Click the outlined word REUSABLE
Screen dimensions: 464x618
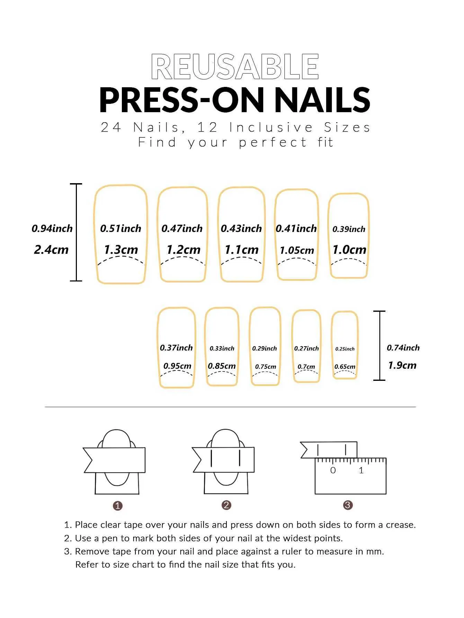pyautogui.click(x=235, y=67)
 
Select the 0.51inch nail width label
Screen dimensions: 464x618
pyautogui.click(x=121, y=229)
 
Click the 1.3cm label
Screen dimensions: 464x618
pyautogui.click(x=121, y=249)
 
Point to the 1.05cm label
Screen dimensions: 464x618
pyautogui.click(x=297, y=250)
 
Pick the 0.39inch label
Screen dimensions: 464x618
pyautogui.click(x=349, y=229)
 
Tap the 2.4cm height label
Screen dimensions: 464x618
pyautogui.click(x=51, y=249)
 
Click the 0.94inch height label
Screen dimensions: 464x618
pyautogui.click(x=52, y=229)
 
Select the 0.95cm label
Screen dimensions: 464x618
pyautogui.click(x=177, y=366)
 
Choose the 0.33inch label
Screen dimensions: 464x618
pyautogui.click(x=222, y=349)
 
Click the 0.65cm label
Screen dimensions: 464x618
pyautogui.click(x=345, y=367)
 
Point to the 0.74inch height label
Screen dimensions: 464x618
pyautogui.click(x=403, y=348)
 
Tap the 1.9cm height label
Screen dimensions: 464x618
pyautogui.click(x=402, y=365)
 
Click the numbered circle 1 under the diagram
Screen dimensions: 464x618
pyautogui.click(x=118, y=506)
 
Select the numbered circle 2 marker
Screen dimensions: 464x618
pyautogui.click(x=226, y=505)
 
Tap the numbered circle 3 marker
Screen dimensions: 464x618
pyautogui.click(x=348, y=505)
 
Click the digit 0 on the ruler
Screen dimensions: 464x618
pyautogui.click(x=333, y=470)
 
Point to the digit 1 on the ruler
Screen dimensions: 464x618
pyautogui.click(x=361, y=470)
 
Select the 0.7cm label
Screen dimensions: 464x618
pyautogui.click(x=306, y=367)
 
